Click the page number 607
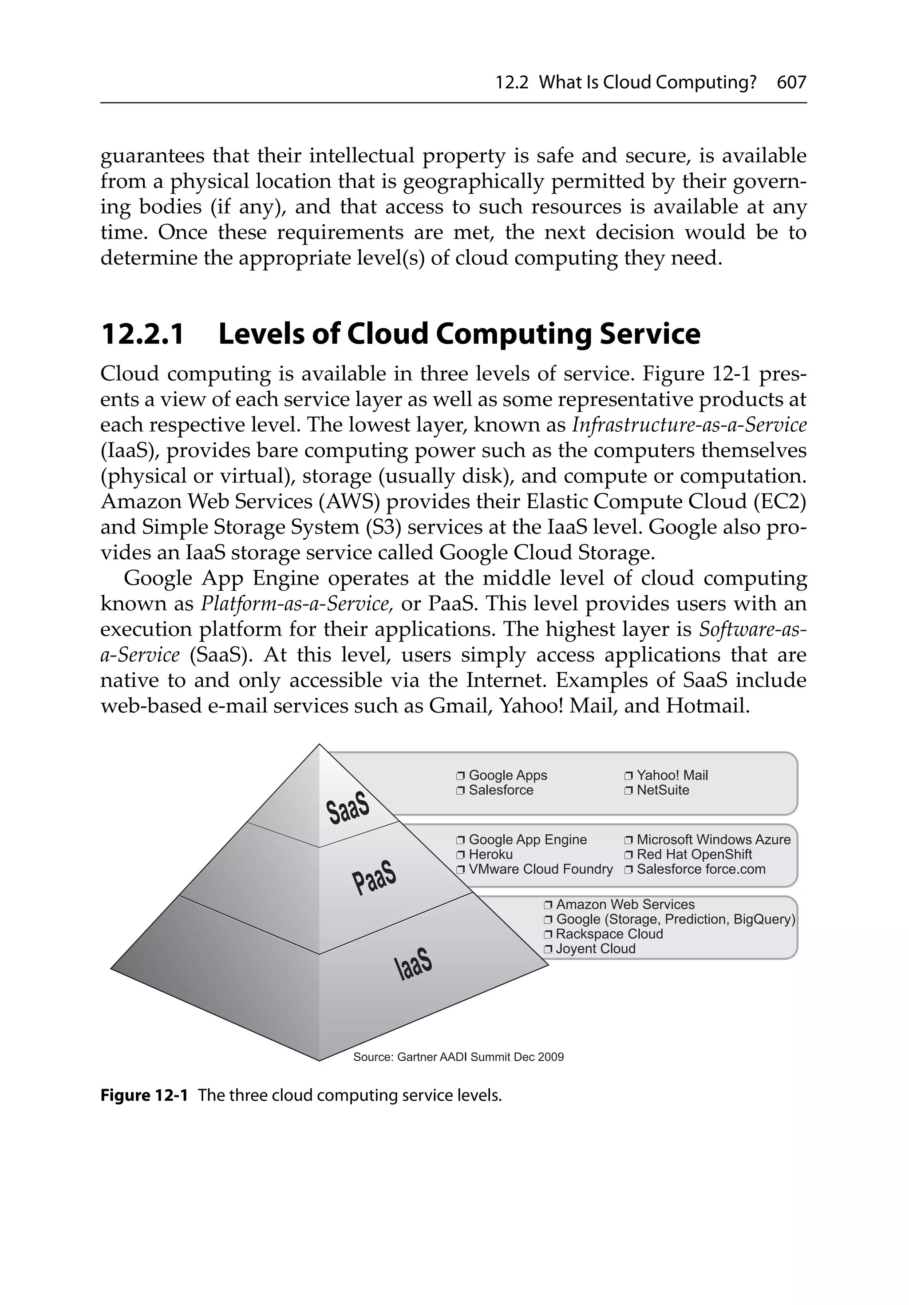tap(791, 83)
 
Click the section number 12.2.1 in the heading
tap(142, 334)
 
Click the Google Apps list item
tap(507, 775)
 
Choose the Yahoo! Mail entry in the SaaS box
tap(672, 775)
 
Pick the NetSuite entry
tap(662, 790)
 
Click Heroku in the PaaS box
tap(490, 854)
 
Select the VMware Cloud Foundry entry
tap(540, 869)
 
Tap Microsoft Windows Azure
tap(713, 839)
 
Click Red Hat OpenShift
tap(694, 854)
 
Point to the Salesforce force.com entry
tap(700, 869)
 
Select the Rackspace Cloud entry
tap(609, 934)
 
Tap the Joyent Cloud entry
tap(595, 949)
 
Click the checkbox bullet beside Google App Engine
tap(460, 840)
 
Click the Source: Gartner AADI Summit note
tap(458, 1057)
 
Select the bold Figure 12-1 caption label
tap(144, 1095)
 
